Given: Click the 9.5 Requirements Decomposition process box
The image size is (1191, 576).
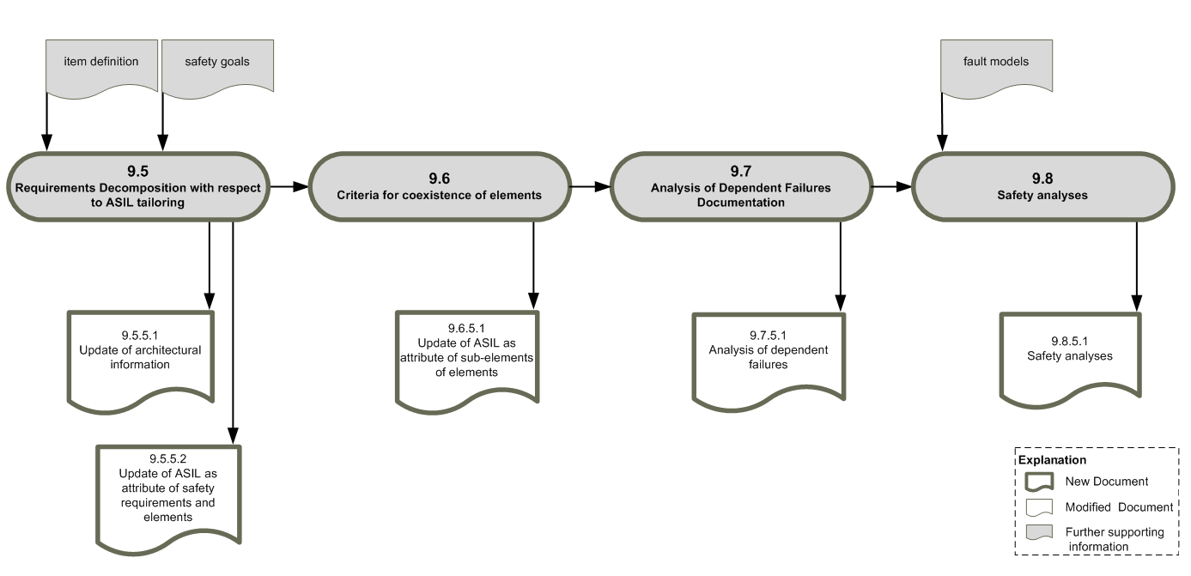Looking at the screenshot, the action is (x=138, y=186).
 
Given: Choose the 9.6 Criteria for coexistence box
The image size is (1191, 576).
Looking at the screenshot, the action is (x=440, y=186).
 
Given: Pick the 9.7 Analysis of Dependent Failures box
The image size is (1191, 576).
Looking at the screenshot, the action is (x=741, y=186).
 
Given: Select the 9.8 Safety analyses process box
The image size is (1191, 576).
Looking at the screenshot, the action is (x=1042, y=186).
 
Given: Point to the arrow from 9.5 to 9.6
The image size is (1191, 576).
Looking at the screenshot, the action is (x=289, y=186).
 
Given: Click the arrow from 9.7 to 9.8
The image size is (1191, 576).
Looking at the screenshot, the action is (x=892, y=186).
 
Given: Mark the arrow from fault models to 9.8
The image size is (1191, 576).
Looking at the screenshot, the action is (x=942, y=122).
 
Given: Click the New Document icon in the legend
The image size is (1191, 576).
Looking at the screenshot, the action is (x=1039, y=482).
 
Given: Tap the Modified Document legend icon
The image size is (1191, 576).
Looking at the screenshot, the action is (x=1039, y=507).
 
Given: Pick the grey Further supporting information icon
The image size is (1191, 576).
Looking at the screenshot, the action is (x=1039, y=532).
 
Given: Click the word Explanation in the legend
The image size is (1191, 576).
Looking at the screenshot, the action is (x=1052, y=460).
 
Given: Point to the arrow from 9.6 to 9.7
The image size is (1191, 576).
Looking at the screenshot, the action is (x=591, y=186).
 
